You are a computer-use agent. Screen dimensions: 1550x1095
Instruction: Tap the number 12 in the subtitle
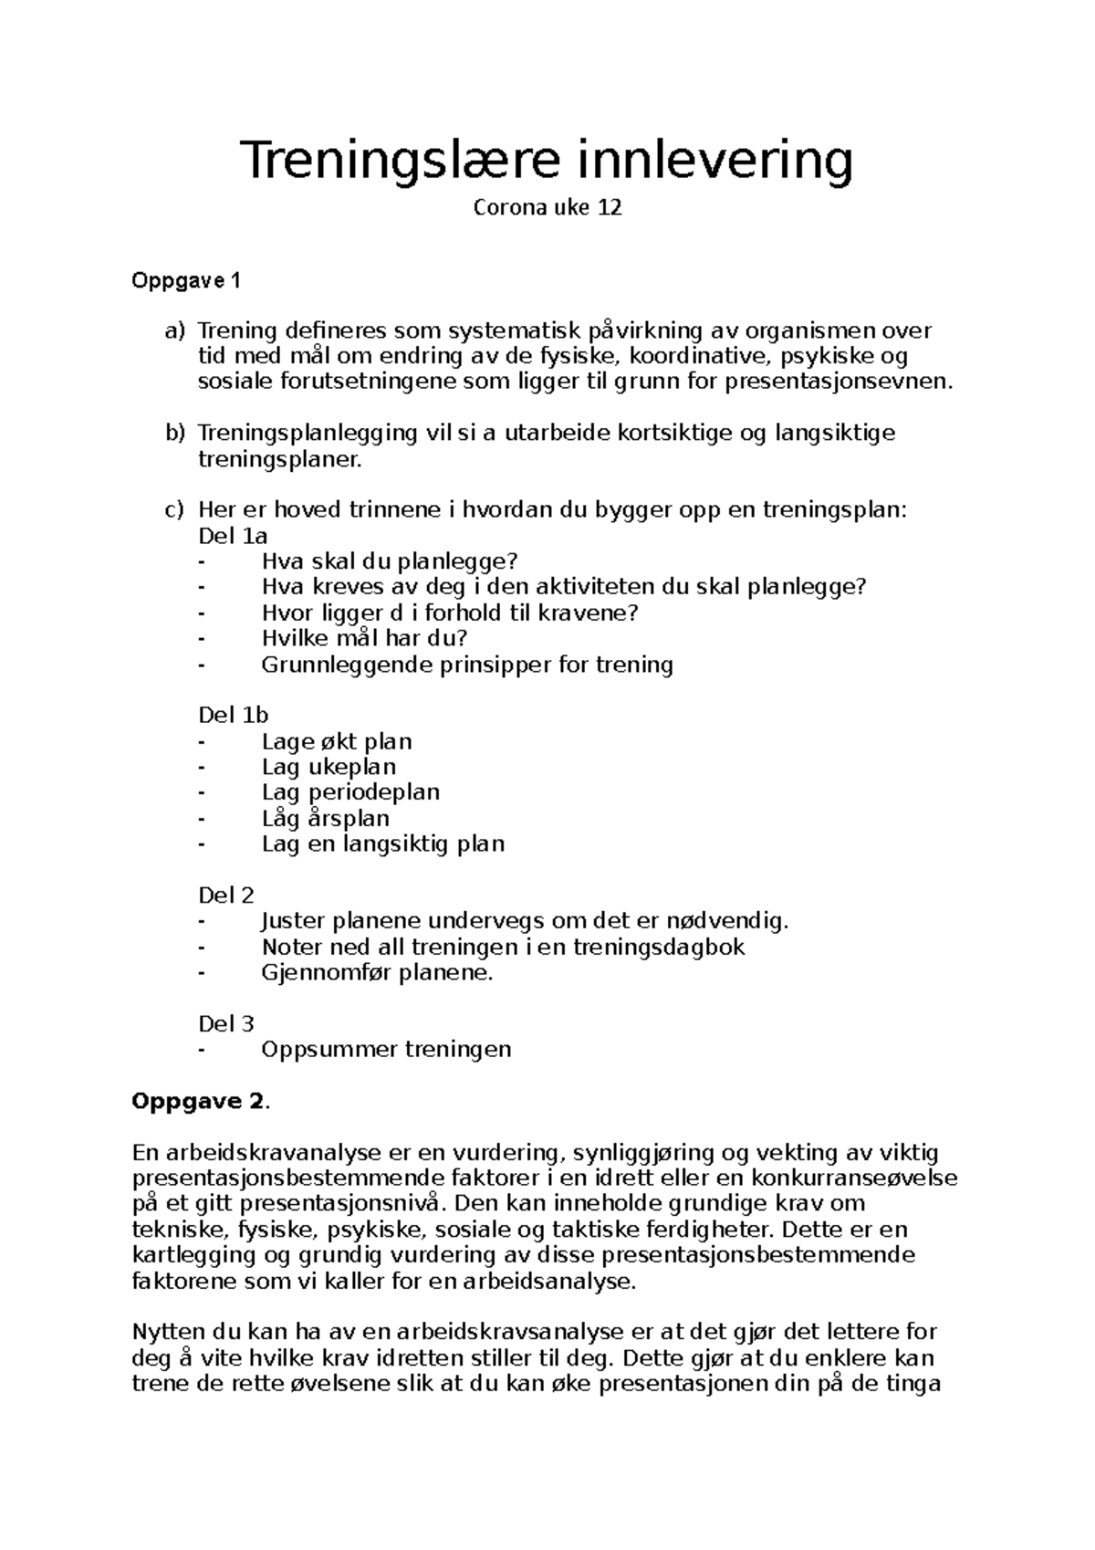[610, 208]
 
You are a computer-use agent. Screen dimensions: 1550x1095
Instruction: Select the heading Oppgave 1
[186, 281]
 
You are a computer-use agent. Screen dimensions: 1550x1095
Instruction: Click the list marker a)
[174, 330]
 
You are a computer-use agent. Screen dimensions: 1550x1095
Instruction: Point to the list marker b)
[174, 433]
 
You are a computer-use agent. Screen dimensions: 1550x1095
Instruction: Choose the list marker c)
[174, 509]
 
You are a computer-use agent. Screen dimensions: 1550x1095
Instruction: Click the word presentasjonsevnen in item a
[837, 382]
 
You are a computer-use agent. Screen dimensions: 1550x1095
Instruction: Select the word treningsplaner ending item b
[279, 459]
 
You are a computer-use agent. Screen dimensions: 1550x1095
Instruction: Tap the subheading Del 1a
[233, 536]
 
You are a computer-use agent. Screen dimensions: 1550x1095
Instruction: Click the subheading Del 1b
[233, 715]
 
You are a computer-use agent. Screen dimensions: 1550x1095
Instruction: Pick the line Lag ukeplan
[328, 767]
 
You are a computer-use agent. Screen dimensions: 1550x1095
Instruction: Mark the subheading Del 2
[226, 895]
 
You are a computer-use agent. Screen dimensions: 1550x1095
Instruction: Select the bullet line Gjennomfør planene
[376, 972]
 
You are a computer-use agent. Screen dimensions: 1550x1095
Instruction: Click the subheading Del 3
[226, 1023]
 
